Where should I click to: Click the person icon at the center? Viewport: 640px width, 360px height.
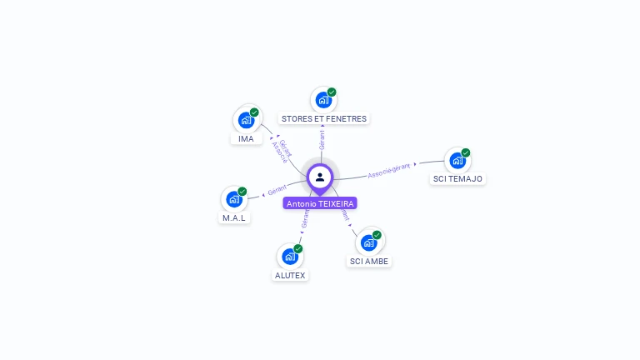point(320,177)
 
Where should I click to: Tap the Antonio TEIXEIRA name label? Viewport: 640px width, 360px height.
point(320,203)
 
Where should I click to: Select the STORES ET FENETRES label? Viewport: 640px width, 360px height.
point(324,119)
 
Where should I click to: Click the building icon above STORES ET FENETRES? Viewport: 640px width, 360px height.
point(323,100)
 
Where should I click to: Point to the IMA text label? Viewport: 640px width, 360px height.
point(246,138)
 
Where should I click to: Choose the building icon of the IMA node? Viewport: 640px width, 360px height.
point(246,120)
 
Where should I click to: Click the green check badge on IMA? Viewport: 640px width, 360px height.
point(254,112)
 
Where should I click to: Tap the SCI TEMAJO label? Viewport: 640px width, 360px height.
point(457,178)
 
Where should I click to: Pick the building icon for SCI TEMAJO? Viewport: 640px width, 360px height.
point(457,160)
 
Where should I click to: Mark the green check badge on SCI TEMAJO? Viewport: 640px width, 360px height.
point(466,152)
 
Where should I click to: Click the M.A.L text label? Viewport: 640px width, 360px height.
point(234,217)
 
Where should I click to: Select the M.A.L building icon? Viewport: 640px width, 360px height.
point(234,199)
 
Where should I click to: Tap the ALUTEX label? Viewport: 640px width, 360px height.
point(290,275)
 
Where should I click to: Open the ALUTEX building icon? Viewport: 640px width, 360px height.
point(289,257)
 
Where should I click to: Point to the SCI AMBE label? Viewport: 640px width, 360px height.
point(369,261)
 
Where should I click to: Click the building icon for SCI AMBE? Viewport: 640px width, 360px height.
point(368,242)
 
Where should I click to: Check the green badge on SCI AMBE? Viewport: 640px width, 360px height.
point(377,235)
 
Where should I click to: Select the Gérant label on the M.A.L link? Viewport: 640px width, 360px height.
point(277,190)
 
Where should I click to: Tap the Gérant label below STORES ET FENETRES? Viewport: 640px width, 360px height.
point(322,139)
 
